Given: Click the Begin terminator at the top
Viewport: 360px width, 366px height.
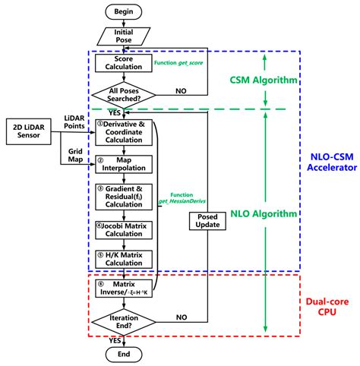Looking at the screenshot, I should [x=122, y=11].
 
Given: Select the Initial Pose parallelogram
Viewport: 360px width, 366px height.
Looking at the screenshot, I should [x=122, y=36].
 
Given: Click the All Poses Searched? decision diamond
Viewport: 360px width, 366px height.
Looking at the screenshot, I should [x=122, y=96].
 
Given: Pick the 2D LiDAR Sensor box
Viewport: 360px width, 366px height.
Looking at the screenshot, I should [x=30, y=129].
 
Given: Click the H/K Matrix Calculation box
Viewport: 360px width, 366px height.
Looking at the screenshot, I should [x=122, y=257].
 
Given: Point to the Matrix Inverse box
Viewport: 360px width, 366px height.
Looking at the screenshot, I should [x=122, y=289].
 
